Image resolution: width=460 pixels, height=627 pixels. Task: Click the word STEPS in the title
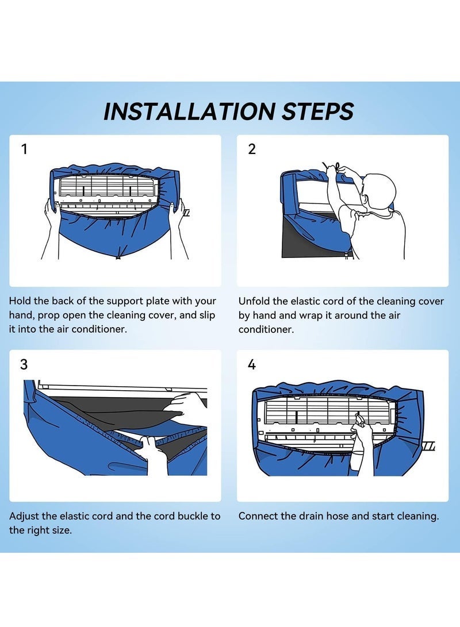318,111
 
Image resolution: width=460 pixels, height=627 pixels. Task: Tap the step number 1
25,149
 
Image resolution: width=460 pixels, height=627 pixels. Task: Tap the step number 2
252,149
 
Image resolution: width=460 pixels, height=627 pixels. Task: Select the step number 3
24,364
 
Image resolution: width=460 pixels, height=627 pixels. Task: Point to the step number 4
252,364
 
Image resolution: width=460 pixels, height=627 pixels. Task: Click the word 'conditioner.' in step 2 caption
266,329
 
